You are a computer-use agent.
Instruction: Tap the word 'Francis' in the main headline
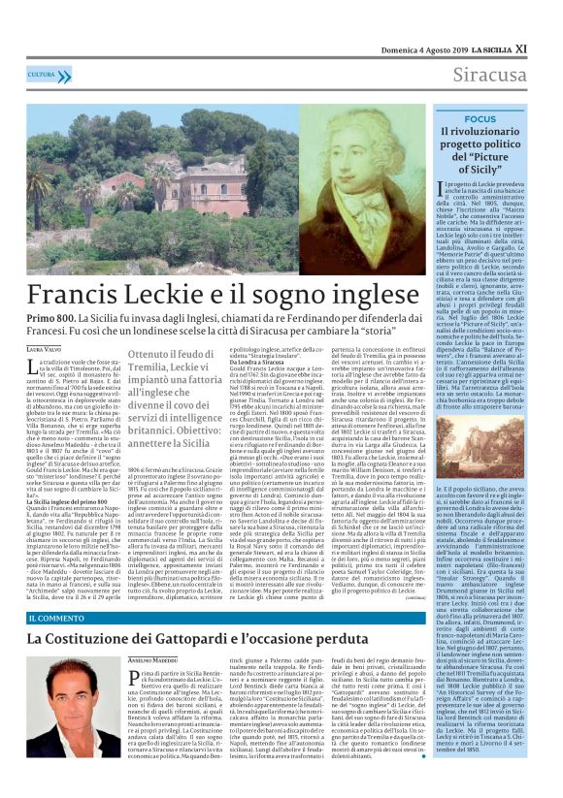coord(80,294)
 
